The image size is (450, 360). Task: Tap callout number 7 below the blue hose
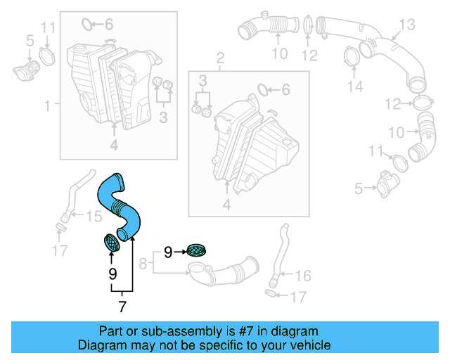(122, 306)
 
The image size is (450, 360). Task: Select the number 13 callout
(408, 25)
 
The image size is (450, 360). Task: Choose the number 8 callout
(143, 264)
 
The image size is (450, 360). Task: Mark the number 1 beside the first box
(48, 106)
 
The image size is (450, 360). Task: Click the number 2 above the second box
(220, 56)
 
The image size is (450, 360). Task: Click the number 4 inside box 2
(226, 205)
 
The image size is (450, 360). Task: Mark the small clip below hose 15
(60, 227)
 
